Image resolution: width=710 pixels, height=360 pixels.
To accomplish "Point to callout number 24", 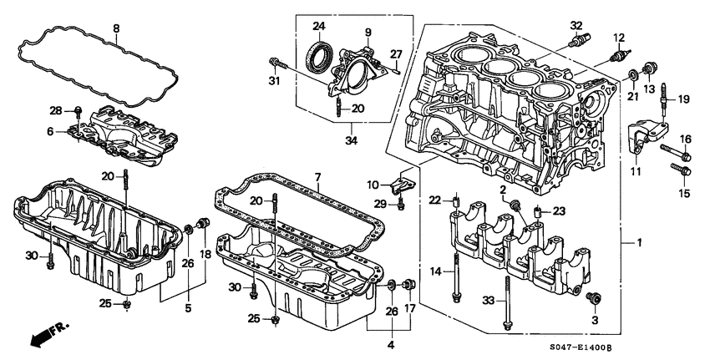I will (320, 25).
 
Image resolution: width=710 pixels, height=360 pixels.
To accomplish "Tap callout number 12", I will (619, 37).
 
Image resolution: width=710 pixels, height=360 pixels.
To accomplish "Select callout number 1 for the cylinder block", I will (640, 242).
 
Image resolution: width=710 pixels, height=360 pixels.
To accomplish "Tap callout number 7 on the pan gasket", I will (317, 178).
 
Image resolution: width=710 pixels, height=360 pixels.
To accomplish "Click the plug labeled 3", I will (596, 298).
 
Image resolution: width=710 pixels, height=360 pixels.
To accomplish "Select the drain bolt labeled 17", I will (408, 287).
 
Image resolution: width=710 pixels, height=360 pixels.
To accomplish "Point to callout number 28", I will (56, 110).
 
